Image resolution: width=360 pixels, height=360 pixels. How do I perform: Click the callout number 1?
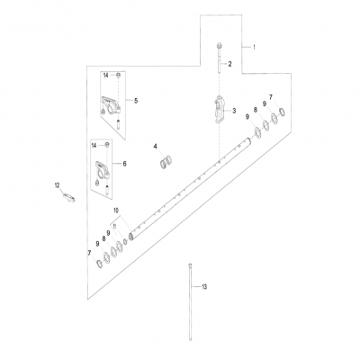coord(255,46)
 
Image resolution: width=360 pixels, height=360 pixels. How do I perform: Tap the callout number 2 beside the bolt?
coord(229,64)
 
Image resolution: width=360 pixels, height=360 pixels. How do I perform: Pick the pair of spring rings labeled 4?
coord(165,162)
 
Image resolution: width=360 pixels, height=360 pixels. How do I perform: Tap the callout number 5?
coord(136,100)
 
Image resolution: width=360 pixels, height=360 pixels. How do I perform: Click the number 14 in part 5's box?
coord(105,74)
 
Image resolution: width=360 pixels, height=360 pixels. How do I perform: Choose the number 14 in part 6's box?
coord(94,144)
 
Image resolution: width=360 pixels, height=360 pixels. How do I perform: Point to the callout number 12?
coord(58,184)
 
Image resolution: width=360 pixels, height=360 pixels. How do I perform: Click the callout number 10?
coord(115,210)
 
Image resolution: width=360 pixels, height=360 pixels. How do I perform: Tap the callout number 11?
coord(115,226)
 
